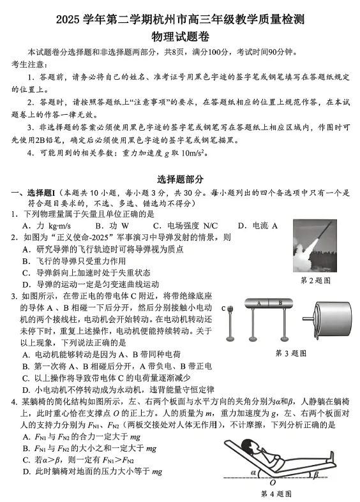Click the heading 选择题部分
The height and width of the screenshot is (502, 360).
[x=180, y=181]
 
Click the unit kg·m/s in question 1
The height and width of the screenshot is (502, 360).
[x=60, y=225]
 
